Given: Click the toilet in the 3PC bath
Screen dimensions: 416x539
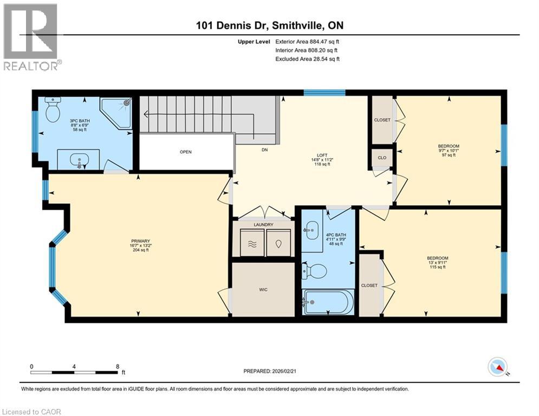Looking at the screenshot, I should (x=53, y=111).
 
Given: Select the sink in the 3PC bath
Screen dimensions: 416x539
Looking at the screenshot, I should (x=79, y=160).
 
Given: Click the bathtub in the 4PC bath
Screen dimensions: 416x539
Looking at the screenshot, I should (x=328, y=302).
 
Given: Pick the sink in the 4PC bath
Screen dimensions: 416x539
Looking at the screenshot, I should (x=312, y=231).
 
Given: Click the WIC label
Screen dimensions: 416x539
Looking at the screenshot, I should (x=263, y=289).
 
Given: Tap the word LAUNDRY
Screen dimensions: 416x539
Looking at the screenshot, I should (x=264, y=224).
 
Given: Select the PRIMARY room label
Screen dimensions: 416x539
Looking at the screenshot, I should (x=140, y=241).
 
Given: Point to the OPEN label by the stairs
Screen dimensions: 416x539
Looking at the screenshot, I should (x=186, y=152).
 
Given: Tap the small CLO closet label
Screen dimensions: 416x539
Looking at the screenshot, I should (x=382, y=158).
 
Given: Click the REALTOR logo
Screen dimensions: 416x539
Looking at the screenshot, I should (x=31, y=37).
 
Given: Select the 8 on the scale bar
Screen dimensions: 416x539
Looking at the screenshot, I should (x=118, y=366).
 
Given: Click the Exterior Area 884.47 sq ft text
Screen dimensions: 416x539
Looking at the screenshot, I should (x=308, y=41).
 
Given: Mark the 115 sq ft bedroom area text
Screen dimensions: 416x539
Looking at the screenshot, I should (x=437, y=267).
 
